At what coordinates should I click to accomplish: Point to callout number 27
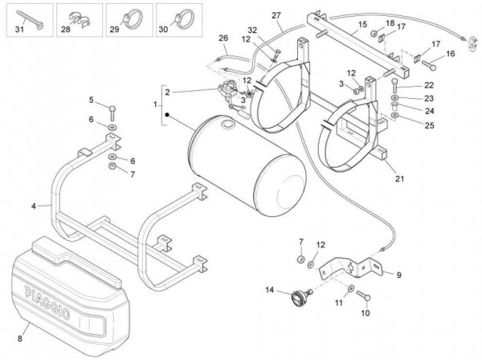[276, 16]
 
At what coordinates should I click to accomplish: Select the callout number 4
[33, 207]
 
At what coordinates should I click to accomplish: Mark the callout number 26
[223, 39]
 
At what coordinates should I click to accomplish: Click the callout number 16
[450, 54]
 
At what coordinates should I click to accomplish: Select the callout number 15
[362, 25]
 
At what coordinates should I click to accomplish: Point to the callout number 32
[252, 31]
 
